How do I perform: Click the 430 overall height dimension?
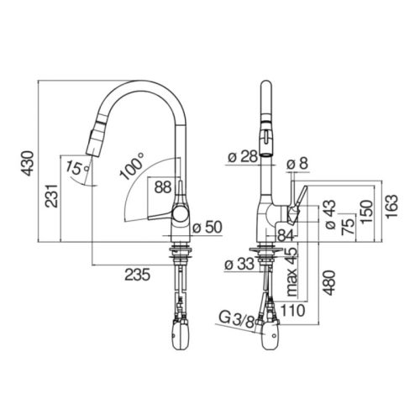(29, 163)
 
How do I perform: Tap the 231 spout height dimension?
(51, 196)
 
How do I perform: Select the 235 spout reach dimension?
(138, 275)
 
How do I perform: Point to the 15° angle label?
(77, 169)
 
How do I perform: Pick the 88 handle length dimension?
(163, 187)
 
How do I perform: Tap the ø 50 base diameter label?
(207, 227)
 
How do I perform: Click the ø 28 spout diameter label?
(243, 157)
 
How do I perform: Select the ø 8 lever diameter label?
(297, 163)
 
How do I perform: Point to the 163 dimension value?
(391, 207)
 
